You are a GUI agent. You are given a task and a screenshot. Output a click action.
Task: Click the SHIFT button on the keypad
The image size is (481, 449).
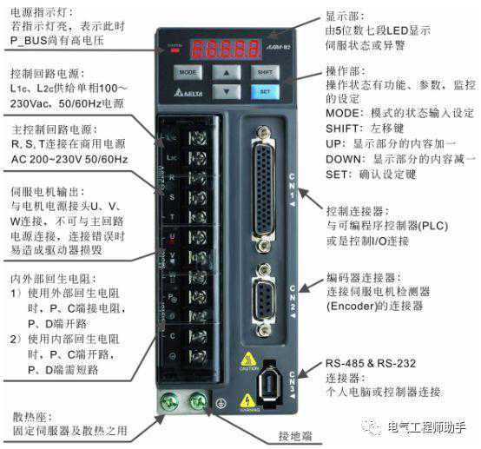(266, 72)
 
